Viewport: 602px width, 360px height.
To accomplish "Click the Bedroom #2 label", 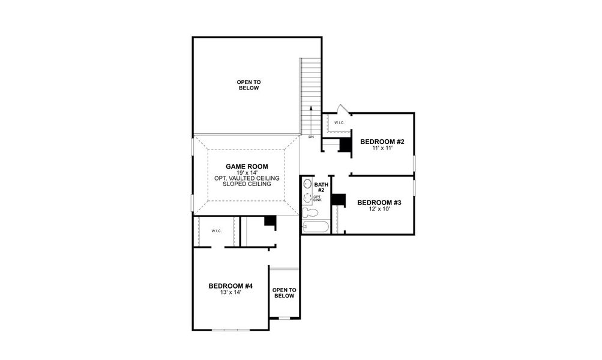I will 382,142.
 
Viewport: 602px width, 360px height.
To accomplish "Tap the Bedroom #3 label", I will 379,203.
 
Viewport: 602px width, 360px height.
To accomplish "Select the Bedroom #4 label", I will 230,286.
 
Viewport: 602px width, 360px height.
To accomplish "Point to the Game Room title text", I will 247,166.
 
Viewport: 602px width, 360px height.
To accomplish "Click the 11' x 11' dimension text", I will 382,148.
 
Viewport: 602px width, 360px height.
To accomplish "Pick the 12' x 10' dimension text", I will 379,209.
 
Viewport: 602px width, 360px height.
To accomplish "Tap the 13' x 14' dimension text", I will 230,293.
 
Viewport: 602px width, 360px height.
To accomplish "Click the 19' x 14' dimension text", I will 247,172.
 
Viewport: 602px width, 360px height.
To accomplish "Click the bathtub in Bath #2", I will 316,227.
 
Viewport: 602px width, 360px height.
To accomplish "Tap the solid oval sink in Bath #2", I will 307,184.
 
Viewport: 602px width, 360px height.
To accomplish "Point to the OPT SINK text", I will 318,198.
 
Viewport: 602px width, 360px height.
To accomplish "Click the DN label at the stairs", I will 311,137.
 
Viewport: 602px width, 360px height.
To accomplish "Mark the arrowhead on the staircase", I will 311,108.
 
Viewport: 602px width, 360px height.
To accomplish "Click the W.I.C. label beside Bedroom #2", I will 339,123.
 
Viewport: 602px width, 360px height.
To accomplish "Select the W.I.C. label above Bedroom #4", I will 217,231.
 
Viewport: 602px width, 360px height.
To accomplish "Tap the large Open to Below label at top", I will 248,85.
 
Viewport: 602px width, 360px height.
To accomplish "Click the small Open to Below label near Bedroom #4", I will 284,293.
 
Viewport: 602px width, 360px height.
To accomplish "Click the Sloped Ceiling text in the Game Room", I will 247,184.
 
